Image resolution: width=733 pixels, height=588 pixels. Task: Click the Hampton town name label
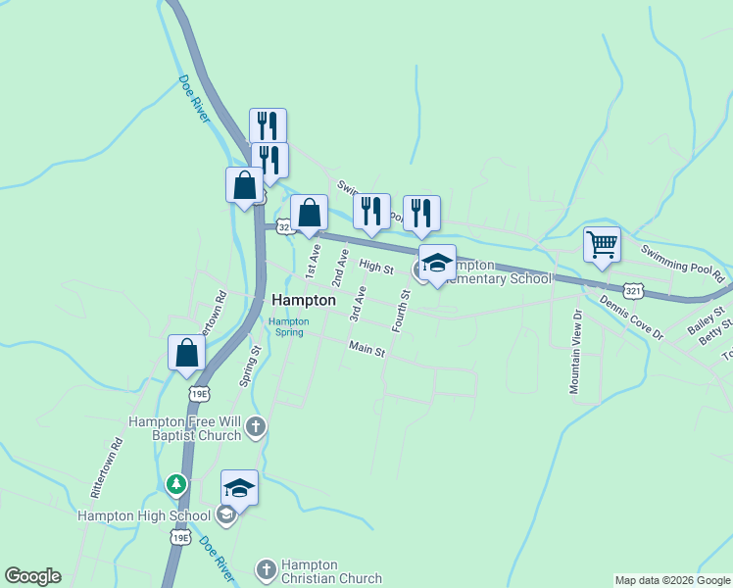coord(304,301)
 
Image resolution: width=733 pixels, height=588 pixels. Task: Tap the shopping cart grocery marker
coord(602,245)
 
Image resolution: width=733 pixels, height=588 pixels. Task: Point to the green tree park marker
coord(175,483)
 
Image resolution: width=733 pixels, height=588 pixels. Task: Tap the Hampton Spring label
coord(288,326)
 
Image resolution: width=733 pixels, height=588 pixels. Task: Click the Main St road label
coord(367,348)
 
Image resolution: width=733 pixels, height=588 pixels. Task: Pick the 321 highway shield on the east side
coord(634,291)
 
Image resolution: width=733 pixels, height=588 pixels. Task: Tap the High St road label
coord(375,267)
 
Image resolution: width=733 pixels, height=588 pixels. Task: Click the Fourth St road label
coord(402,309)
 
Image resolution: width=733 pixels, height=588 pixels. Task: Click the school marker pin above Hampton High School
coord(240,487)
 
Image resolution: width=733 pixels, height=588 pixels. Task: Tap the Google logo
coord(32,576)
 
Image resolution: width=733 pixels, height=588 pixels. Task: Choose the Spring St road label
coord(250,364)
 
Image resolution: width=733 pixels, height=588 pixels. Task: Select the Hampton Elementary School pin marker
coord(437,264)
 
